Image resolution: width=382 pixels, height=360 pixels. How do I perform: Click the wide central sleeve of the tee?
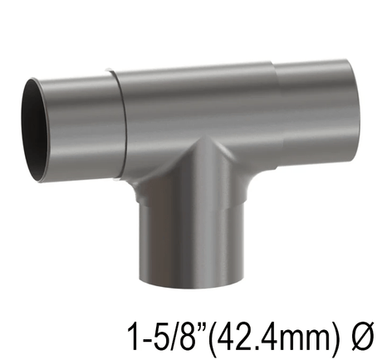(195, 112)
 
